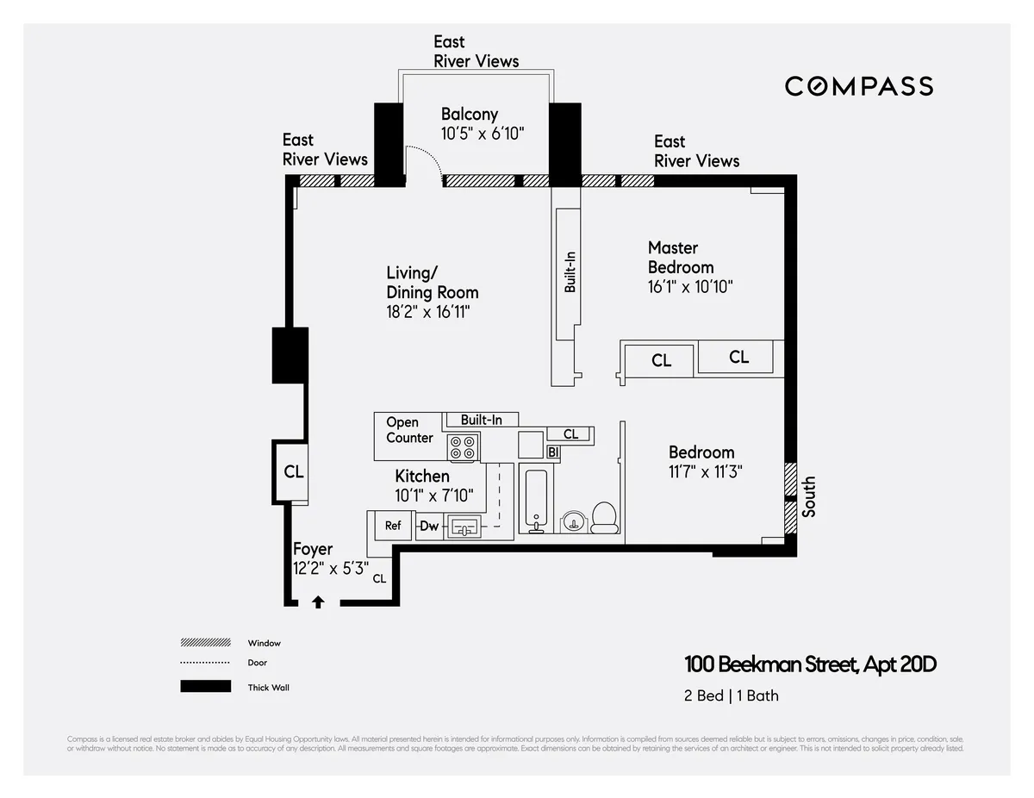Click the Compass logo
858,86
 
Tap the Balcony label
470,114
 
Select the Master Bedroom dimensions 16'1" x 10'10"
690,287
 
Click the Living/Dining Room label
432,283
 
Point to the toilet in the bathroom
603,517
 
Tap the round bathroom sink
572,521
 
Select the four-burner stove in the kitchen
464,446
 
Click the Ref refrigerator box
393,526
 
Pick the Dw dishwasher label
428,526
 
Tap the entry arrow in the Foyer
318,602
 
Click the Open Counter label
408,430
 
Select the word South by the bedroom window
808,497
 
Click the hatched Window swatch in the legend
205,643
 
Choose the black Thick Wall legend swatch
205,687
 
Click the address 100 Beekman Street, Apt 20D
810,664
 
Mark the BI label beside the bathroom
553,452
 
